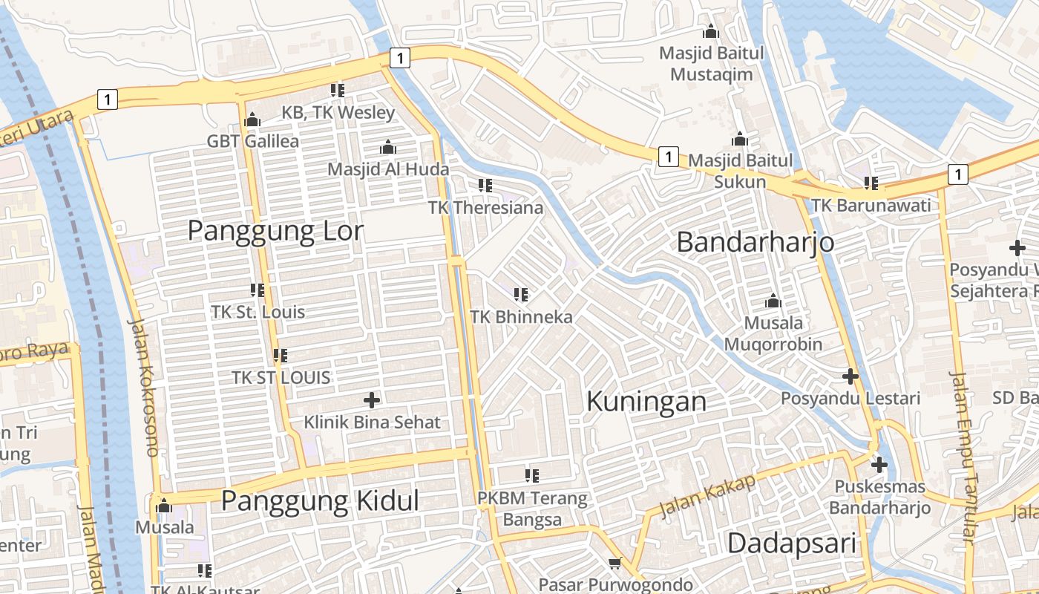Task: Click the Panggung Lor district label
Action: click(x=275, y=231)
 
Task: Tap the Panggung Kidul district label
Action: click(x=320, y=501)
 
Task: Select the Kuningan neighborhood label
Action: click(x=646, y=402)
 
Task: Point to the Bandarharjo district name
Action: click(x=756, y=242)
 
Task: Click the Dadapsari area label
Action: click(x=792, y=543)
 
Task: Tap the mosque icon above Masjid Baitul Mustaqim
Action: click(x=711, y=32)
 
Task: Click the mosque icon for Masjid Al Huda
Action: click(x=387, y=148)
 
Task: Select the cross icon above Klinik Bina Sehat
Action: click(x=372, y=401)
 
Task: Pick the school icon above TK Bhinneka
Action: click(x=521, y=295)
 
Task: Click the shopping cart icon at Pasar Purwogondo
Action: click(x=614, y=564)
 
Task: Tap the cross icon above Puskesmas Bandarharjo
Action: click(x=879, y=466)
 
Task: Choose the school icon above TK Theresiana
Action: click(x=485, y=186)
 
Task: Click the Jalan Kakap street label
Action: click(x=707, y=495)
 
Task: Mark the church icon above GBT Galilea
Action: click(x=252, y=120)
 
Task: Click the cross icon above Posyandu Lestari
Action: click(x=850, y=376)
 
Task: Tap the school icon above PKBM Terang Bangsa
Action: click(x=531, y=475)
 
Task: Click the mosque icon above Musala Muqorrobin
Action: click(x=773, y=301)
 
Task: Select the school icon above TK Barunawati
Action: click(x=871, y=183)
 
